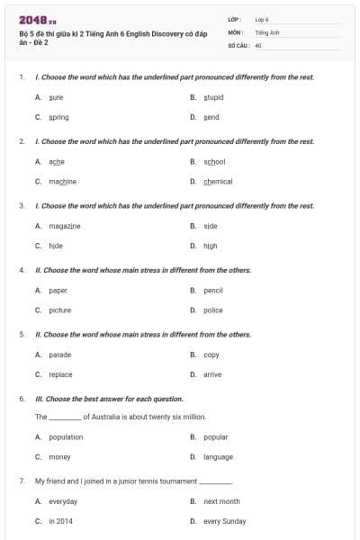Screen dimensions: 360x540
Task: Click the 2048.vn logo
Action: coord(38,20)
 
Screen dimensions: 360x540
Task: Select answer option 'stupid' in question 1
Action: coord(213,97)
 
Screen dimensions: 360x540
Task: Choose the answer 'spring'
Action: coord(58,117)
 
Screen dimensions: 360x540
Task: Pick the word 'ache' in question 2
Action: coord(57,161)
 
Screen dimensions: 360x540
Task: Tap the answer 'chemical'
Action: coord(218,181)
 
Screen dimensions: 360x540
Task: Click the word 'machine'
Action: coord(62,181)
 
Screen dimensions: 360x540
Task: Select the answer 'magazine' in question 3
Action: coord(64,225)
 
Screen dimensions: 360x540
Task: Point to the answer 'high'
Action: coord(210,245)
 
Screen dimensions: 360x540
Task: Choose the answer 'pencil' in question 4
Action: coord(213,290)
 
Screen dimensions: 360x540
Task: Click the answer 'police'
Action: coord(213,310)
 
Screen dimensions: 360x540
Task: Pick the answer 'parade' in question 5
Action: coord(60,355)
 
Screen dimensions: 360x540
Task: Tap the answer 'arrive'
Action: coord(212,374)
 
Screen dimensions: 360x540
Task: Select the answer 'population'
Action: coord(66,436)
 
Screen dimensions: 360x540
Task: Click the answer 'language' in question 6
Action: coord(218,456)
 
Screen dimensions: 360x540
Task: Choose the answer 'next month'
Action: coord(221,501)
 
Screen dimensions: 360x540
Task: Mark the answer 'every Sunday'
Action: coord(224,521)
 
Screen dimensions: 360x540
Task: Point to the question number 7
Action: coord(21,481)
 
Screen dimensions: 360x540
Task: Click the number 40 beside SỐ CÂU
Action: coord(258,44)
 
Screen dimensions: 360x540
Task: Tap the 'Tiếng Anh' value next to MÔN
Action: coord(267,31)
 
